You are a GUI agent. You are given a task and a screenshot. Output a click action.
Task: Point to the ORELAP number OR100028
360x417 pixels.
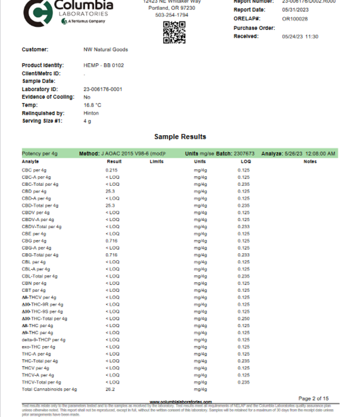click(x=295, y=18)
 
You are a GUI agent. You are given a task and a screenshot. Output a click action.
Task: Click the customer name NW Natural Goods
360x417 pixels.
click(x=106, y=49)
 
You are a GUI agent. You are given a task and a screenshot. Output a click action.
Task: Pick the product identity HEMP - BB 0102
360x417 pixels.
click(x=104, y=65)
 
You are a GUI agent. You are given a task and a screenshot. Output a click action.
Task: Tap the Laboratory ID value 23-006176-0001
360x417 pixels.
click(x=103, y=89)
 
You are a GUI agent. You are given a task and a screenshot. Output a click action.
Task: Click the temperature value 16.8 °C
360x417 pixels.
click(x=93, y=105)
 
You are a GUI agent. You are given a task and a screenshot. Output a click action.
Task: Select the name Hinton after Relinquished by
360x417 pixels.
click(x=91, y=113)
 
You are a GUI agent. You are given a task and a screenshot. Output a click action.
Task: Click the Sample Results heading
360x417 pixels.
click(x=180, y=136)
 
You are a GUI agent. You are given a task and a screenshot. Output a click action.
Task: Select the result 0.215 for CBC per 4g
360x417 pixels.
click(x=112, y=170)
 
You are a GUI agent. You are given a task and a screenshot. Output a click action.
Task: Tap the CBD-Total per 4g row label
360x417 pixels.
click(x=40, y=206)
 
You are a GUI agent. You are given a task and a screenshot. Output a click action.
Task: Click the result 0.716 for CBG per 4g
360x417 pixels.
click(x=112, y=241)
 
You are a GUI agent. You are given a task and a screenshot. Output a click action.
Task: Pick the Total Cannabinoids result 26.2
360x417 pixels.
click(x=111, y=390)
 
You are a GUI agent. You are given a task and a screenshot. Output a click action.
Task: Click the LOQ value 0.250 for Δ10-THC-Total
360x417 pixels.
click(x=243, y=319)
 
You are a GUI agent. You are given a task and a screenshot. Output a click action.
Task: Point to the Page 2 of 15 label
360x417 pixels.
click(x=313, y=398)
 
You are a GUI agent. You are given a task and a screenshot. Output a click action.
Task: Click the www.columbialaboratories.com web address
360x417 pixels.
click(x=180, y=402)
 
